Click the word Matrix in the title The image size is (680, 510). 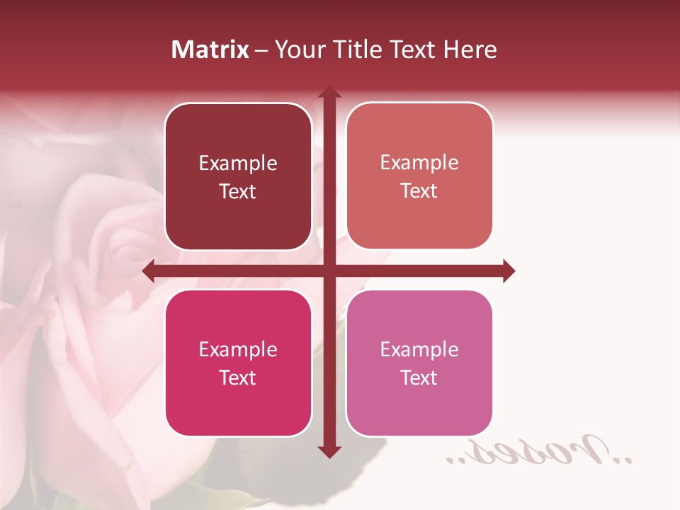[x=210, y=50]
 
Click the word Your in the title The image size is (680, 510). [x=297, y=50]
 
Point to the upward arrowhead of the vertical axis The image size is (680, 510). [x=329, y=93]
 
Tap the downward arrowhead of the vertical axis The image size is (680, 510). [x=329, y=451]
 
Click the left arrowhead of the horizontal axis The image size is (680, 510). [x=149, y=271]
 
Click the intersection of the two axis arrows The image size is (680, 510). [x=329, y=271]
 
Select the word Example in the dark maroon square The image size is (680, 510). [x=238, y=164]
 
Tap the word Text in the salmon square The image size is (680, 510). [x=419, y=191]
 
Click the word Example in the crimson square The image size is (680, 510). [x=238, y=350]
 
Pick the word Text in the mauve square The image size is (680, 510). [x=419, y=378]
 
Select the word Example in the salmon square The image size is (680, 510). [x=419, y=163]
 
